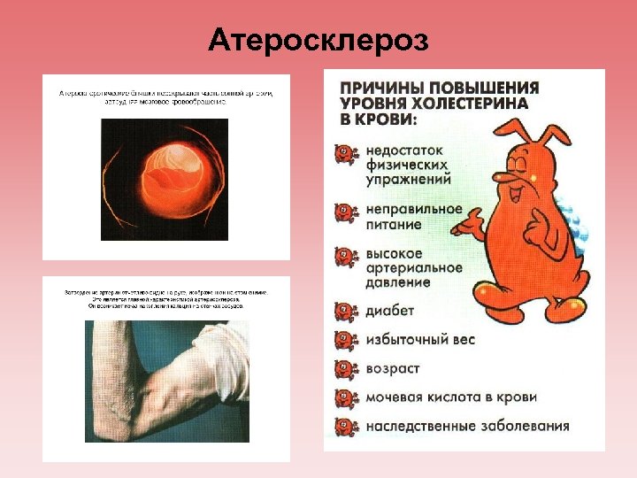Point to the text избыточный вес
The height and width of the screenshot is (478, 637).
point(419,340)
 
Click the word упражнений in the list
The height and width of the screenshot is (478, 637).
point(408,179)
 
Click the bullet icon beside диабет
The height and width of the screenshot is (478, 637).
point(344,311)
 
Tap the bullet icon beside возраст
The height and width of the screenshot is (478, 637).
point(344,367)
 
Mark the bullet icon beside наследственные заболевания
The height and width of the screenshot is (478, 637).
point(344,425)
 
